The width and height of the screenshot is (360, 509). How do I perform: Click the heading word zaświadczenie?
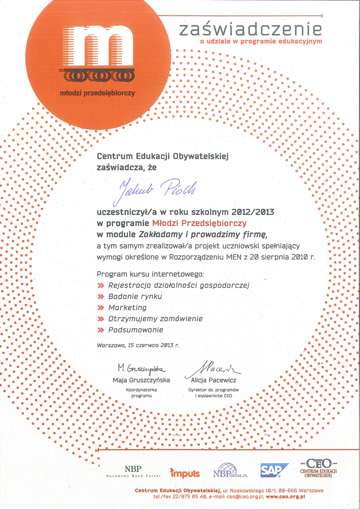(x=250, y=29)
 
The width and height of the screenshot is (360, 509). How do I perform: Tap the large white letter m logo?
(x=97, y=45)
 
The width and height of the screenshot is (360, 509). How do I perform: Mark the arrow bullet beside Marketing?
(x=100, y=308)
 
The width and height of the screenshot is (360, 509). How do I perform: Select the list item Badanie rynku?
(x=135, y=297)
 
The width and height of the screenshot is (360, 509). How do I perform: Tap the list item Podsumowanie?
(x=135, y=330)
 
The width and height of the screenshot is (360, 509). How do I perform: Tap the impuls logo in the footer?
(x=185, y=473)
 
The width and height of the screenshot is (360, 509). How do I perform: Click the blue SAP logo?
(x=274, y=470)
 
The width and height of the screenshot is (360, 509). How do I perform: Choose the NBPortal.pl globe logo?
(x=230, y=471)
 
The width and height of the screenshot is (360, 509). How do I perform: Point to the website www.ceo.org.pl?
(x=285, y=495)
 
